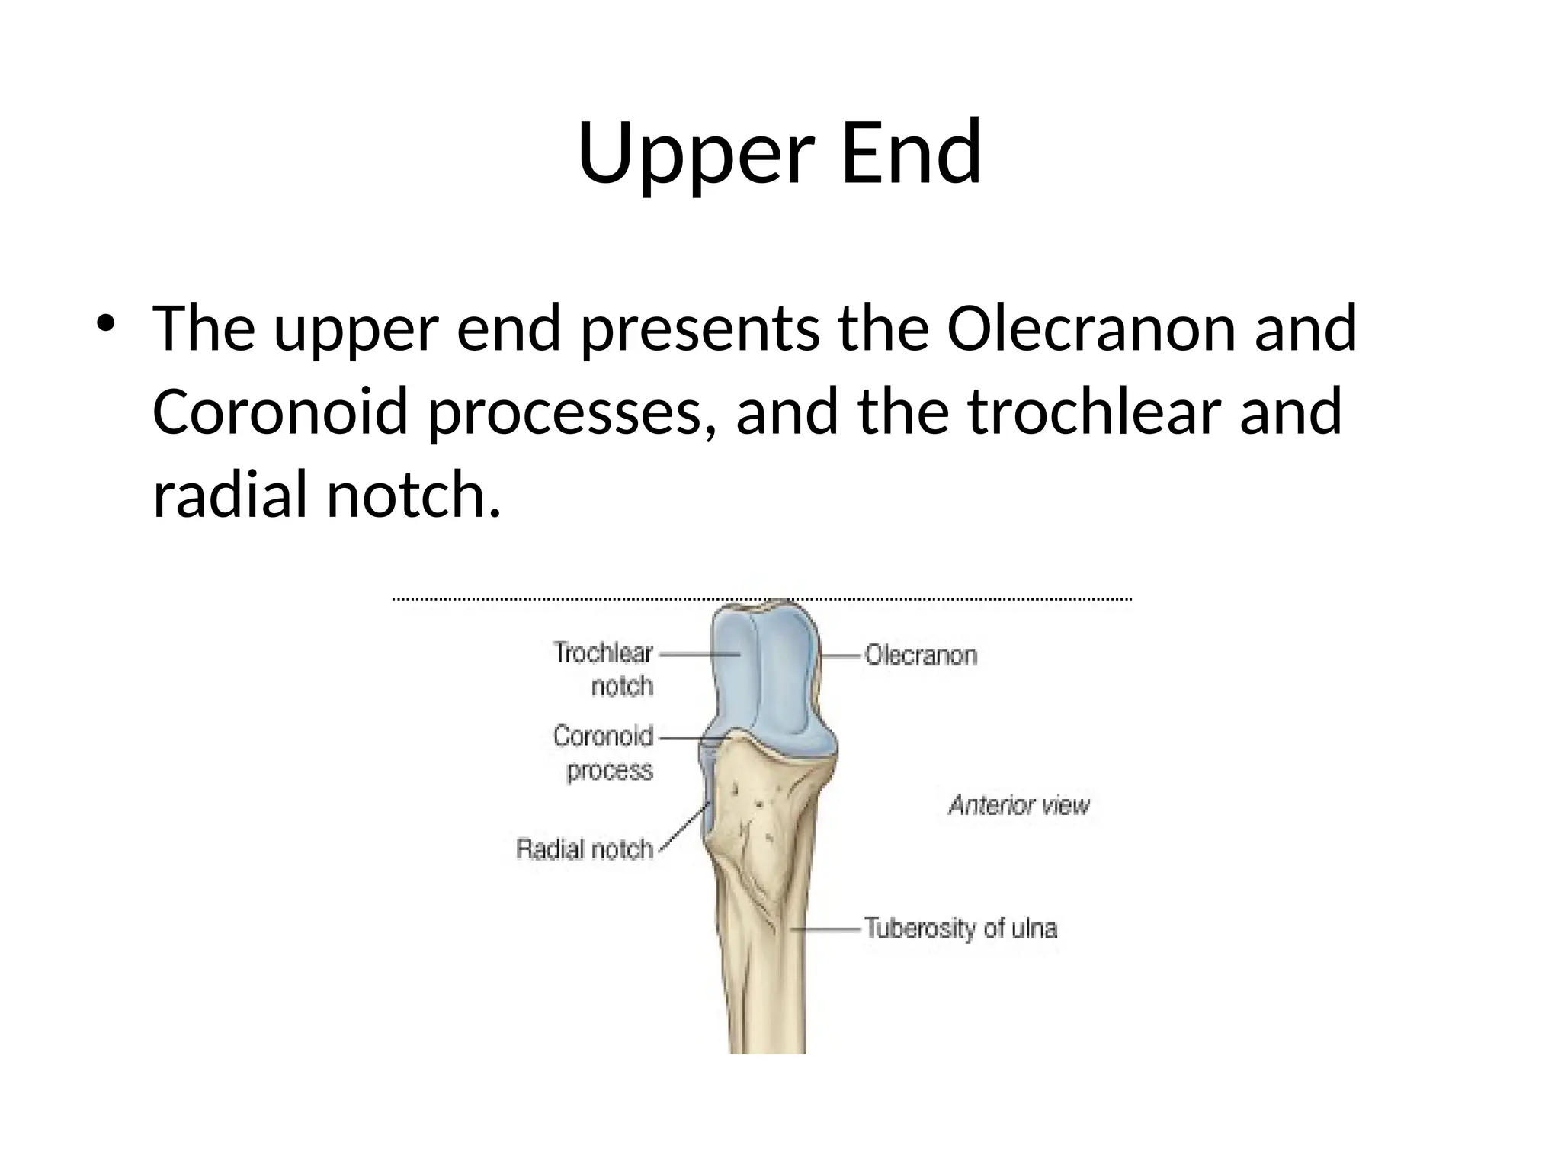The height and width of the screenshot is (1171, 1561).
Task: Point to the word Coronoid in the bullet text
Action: (280, 412)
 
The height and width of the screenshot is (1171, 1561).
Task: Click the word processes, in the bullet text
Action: (572, 414)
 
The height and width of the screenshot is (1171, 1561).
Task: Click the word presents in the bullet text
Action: (700, 330)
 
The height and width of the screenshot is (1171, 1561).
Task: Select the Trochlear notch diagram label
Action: (604, 669)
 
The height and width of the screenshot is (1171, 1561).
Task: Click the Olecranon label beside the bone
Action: (920, 655)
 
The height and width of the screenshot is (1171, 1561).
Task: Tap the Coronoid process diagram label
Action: (604, 753)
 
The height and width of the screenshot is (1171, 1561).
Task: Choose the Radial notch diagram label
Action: (585, 849)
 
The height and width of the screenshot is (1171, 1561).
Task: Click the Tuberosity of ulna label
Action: (960, 929)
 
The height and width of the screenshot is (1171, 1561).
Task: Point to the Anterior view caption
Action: (1019, 805)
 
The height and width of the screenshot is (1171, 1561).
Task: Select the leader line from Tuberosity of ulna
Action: (826, 929)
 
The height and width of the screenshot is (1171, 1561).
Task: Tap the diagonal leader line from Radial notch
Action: (683, 828)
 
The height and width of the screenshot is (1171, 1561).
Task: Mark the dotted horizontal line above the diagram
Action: (762, 599)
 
